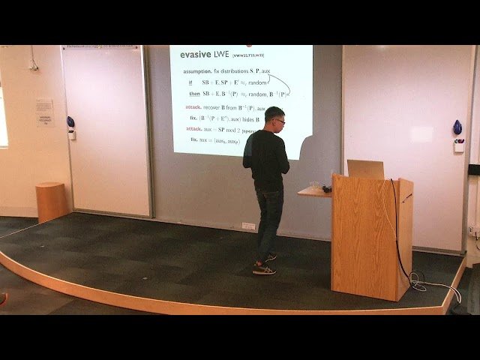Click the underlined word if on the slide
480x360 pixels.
click(x=190, y=82)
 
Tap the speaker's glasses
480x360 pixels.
click(x=280, y=121)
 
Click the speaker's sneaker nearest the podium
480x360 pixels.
click(x=264, y=269)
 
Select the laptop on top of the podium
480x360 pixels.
click(x=365, y=169)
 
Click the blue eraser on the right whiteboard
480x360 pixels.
click(x=457, y=128)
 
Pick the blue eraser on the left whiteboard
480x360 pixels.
click(x=70, y=121)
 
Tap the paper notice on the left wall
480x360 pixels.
click(x=45, y=112)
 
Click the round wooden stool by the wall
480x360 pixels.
click(x=51, y=202)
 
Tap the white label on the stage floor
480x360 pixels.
click(x=248, y=226)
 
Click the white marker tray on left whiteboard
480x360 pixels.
click(x=72, y=135)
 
